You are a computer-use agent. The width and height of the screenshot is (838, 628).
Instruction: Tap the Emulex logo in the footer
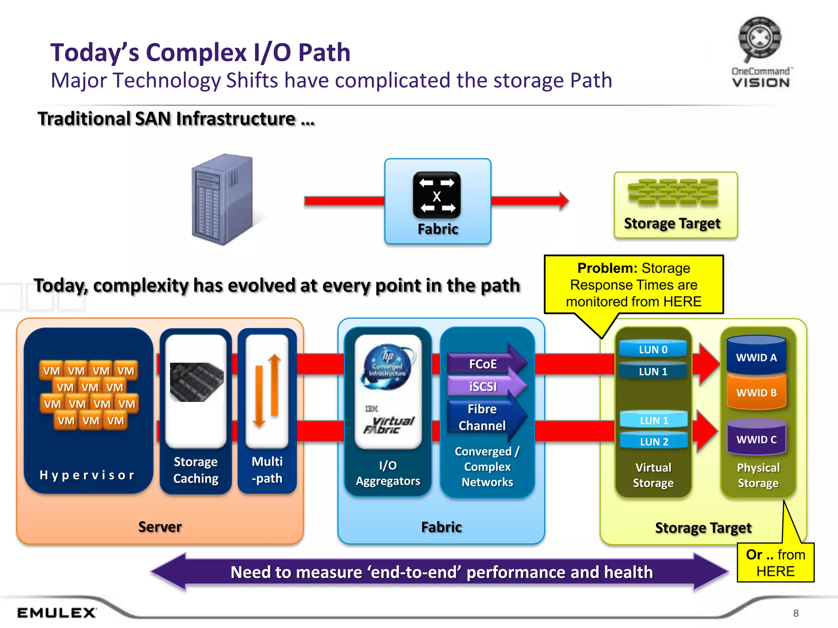pyautogui.click(x=57, y=612)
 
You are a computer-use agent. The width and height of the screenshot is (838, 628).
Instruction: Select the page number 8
pyautogui.click(x=795, y=613)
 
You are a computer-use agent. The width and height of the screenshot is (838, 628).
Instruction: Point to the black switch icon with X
pyautogui.click(x=437, y=195)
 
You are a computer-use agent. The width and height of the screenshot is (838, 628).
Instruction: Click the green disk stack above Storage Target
pyautogui.click(x=673, y=192)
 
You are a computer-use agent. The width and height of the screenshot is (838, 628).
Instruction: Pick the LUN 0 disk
pyautogui.click(x=653, y=349)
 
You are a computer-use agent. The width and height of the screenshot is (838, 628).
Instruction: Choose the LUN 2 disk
pyautogui.click(x=654, y=442)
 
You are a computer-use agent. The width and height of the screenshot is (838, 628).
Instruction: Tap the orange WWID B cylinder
pyautogui.click(x=756, y=392)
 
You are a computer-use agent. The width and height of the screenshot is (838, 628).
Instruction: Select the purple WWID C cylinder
pyautogui.click(x=756, y=439)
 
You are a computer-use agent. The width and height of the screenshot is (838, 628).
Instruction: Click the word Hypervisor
pyautogui.click(x=87, y=475)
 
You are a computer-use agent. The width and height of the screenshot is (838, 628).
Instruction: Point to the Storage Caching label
pyautogui.click(x=196, y=470)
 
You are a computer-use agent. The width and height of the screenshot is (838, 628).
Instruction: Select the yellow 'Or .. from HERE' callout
pyautogui.click(x=775, y=563)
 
